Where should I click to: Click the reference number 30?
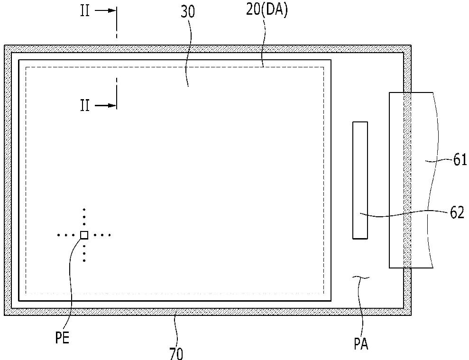(x=188, y=12)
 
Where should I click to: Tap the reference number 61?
(x=460, y=160)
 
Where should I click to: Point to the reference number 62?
(x=457, y=213)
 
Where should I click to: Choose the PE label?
(x=63, y=340)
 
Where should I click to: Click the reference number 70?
(x=175, y=353)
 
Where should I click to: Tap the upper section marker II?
(x=84, y=11)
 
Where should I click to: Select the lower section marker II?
(x=84, y=105)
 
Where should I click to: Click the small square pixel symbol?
(x=84, y=234)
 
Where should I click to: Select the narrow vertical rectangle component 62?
(x=360, y=180)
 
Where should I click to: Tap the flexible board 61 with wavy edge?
(x=411, y=180)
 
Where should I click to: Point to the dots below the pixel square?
(x=84, y=253)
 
